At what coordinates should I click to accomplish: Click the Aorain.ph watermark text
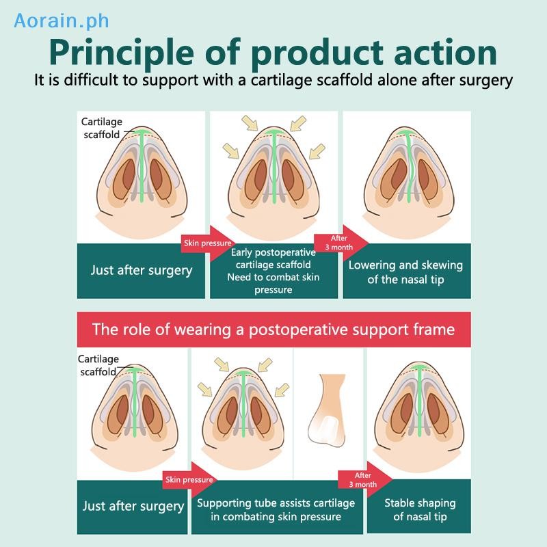(62, 21)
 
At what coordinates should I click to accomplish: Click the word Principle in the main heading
(122, 53)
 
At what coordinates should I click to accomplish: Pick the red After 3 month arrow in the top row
(341, 243)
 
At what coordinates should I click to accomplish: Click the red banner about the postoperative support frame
(274, 330)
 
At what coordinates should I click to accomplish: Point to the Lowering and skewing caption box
(407, 271)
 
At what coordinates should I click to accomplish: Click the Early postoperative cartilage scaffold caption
(274, 271)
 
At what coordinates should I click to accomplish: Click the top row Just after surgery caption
(141, 271)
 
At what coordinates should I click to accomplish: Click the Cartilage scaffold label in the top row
(101, 128)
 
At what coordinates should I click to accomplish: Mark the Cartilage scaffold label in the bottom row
(98, 365)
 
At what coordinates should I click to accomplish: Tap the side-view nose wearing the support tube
(327, 411)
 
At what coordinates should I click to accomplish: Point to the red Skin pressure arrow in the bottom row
(190, 480)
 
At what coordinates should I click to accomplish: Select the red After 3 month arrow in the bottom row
(365, 480)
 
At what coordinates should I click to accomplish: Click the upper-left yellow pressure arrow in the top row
(250, 123)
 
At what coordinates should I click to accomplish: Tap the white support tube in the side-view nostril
(328, 428)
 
